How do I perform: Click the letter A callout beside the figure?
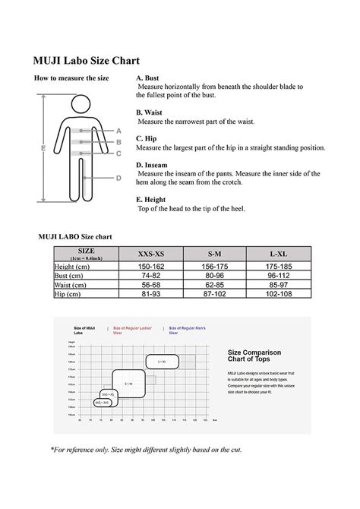point(118,131)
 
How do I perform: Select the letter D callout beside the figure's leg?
point(118,178)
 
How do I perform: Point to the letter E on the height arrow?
point(43,148)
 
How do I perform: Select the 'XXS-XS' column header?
point(150,254)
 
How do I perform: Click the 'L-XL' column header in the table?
point(278,254)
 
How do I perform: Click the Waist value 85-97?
point(278,285)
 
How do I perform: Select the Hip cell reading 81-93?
point(150,294)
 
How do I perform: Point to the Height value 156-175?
point(214,267)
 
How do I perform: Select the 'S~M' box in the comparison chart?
point(128,384)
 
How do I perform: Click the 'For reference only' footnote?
point(146,450)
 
